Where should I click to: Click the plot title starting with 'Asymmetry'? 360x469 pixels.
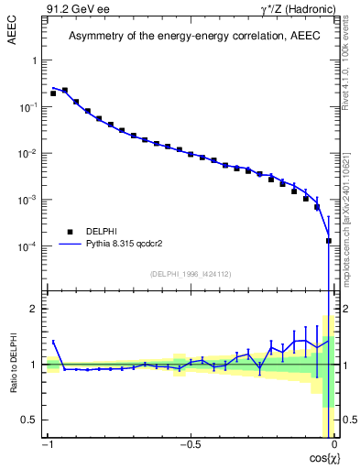coord(190,36)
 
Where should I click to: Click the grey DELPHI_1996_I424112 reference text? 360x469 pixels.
coord(190,274)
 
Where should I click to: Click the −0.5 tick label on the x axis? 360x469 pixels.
coord(190,445)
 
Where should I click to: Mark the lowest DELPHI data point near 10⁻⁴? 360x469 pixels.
coord(329,241)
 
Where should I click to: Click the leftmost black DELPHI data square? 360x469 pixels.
coord(53,93)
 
